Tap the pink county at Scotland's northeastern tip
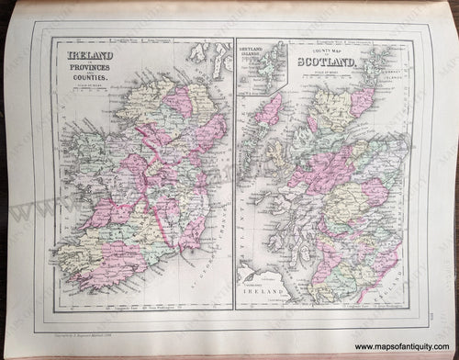coord(363,102)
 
